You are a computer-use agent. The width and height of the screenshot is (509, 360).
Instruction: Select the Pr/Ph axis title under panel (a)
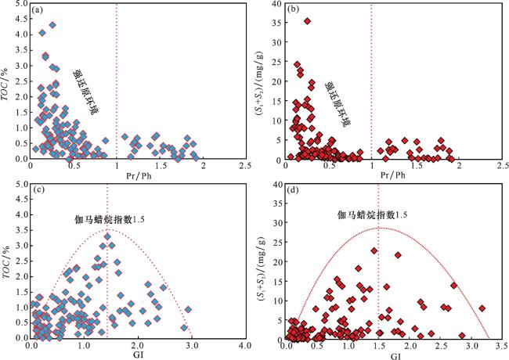tap(137, 175)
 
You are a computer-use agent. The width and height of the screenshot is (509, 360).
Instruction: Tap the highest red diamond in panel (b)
tap(307, 21)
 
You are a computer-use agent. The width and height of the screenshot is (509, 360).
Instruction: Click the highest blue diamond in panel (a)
tap(52, 25)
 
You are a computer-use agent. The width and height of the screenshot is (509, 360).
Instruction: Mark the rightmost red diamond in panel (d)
tap(482, 308)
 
